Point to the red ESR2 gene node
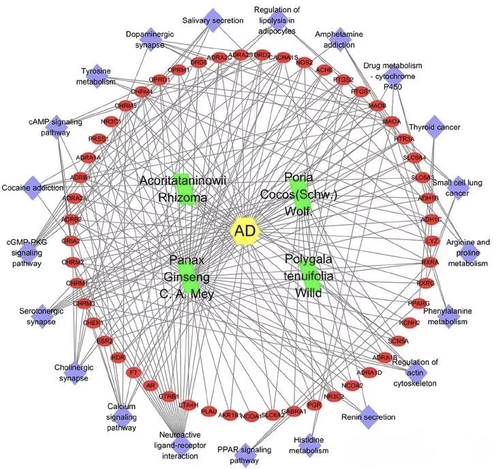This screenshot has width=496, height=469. coord(104,340)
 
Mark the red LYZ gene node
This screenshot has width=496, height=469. coord(431,241)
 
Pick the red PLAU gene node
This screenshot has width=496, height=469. coord(209,412)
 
